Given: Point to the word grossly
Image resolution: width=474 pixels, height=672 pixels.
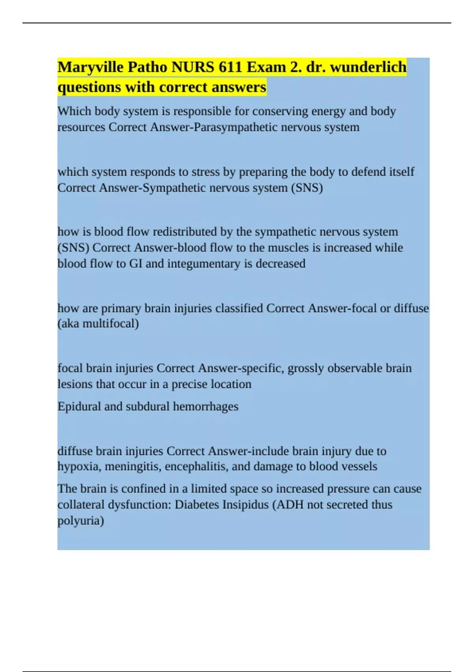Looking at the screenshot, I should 305,368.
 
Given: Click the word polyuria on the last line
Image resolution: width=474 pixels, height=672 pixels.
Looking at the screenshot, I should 81,521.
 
